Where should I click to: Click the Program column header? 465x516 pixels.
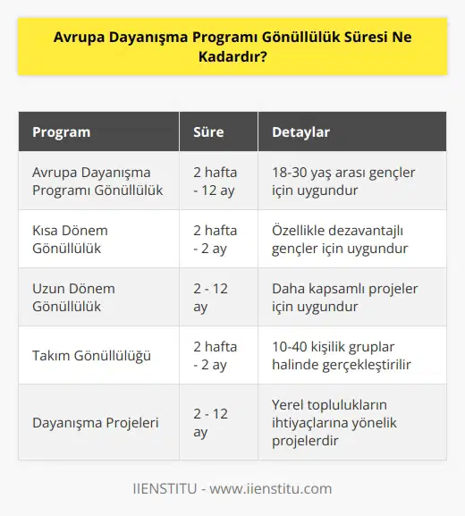(x=61, y=132)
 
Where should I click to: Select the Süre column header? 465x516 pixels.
(x=208, y=132)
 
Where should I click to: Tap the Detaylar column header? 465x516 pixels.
(x=300, y=132)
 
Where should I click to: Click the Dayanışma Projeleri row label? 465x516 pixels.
(x=96, y=422)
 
